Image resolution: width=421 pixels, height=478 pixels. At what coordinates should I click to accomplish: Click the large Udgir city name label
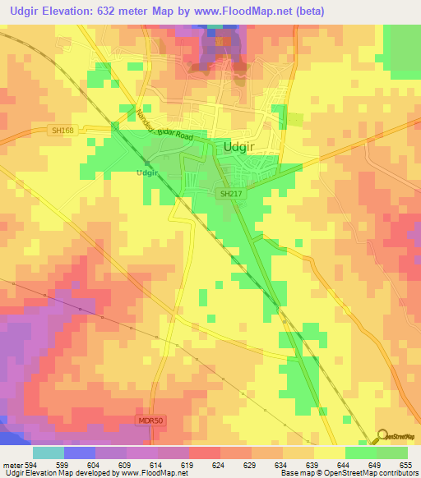(x=244, y=147)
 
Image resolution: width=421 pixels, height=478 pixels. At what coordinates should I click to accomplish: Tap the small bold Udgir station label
(x=146, y=173)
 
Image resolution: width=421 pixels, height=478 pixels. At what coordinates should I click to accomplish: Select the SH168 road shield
(x=80, y=131)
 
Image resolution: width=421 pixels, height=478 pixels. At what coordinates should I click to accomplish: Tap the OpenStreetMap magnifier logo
(x=382, y=435)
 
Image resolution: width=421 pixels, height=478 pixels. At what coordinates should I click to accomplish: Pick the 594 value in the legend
(x=31, y=464)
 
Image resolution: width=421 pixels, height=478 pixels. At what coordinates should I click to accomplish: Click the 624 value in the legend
(x=220, y=464)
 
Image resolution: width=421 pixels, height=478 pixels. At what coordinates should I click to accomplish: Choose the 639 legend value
(x=313, y=464)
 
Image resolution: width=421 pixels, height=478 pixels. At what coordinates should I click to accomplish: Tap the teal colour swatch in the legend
(x=48, y=453)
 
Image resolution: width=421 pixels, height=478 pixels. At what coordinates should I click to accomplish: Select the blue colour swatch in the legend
(x=79, y=453)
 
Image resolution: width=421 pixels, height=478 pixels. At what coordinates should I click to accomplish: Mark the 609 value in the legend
(x=126, y=464)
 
